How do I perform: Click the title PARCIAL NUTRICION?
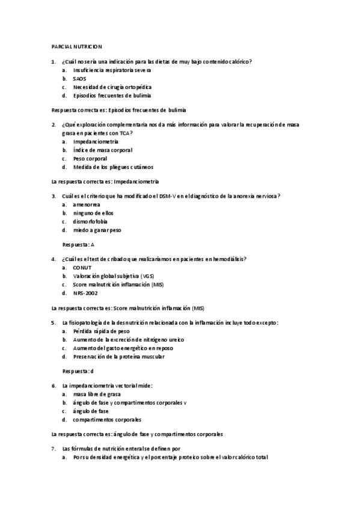coord(77,46)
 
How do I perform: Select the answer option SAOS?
coord(79,79)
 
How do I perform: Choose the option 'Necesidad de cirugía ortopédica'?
coord(108,87)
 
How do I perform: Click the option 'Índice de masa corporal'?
coord(102,150)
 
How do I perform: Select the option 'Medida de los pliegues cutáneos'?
coord(112,167)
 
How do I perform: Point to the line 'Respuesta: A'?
coord(78,245)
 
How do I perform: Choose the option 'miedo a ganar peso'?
coord(96,230)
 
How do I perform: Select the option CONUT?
coord(82,268)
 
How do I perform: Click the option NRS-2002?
coord(85,293)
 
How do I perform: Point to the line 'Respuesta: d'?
coord(78,371)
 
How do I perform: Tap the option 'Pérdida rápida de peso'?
coord(101,331)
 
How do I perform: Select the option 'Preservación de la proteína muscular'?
coord(118,356)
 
